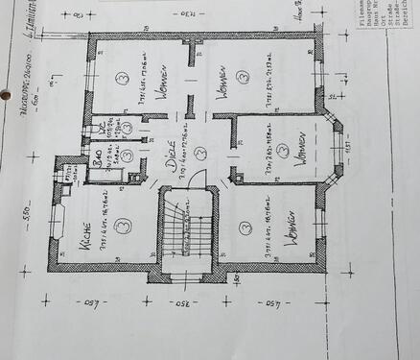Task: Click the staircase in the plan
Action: [181, 229]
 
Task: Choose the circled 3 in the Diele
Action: [200, 152]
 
